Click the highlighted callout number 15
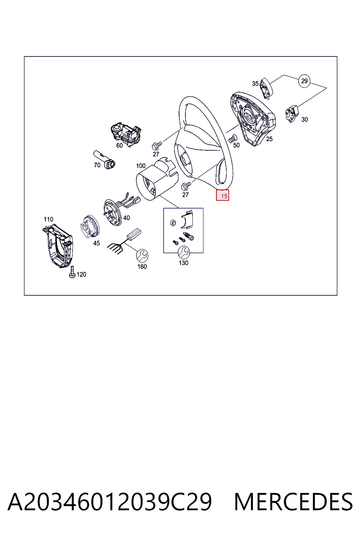click(x=222, y=195)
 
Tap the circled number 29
click(x=304, y=81)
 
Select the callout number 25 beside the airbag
click(x=269, y=139)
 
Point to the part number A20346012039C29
click(x=110, y=502)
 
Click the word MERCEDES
click(x=293, y=502)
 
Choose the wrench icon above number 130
click(x=184, y=252)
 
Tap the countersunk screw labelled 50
click(x=233, y=138)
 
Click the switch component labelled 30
click(x=292, y=114)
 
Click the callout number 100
click(x=141, y=166)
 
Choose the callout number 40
click(x=127, y=218)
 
